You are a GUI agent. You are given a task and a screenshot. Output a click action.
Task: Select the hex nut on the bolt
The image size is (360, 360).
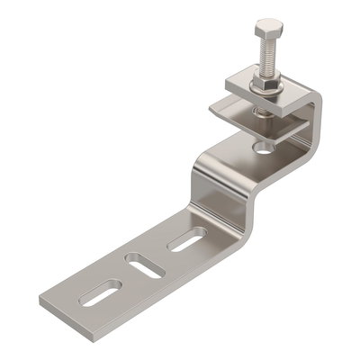pos(265,82)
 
